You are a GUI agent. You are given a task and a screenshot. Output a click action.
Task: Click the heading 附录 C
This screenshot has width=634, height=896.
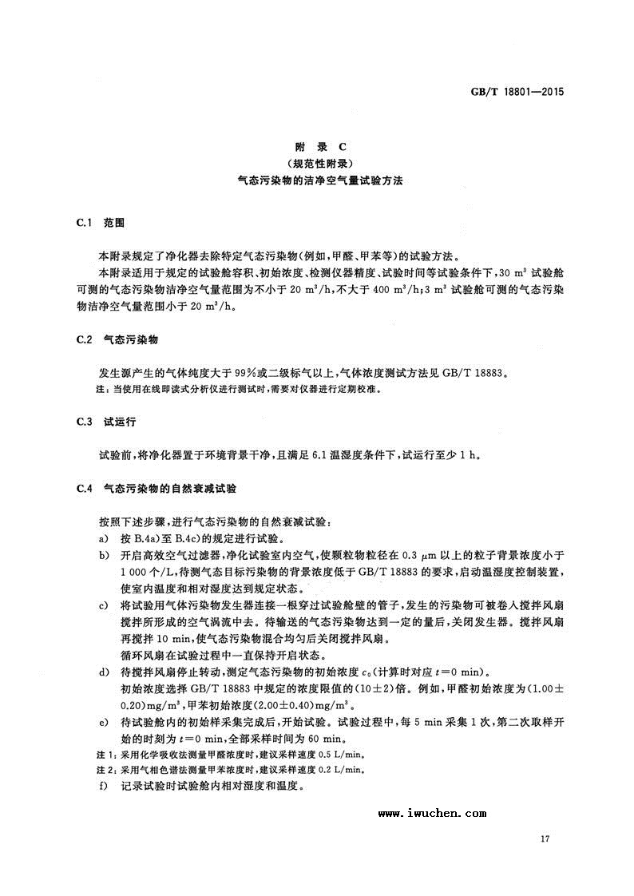pos(319,147)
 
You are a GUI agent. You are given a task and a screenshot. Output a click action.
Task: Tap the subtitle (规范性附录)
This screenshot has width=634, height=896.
pos(319,163)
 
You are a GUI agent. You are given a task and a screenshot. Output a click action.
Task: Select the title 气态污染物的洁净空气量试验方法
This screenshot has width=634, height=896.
pos(319,180)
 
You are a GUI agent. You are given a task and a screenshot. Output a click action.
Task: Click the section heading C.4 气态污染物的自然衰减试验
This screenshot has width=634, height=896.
pos(154,486)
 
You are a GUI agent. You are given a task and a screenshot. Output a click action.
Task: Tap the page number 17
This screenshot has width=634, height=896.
pos(546,839)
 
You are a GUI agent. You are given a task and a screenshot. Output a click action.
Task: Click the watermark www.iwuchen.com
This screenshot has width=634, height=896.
pos(432,813)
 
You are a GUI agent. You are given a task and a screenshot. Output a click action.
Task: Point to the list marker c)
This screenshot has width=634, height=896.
pos(103,605)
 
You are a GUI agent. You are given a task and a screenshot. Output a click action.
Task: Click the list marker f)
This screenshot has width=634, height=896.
pos(103,786)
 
